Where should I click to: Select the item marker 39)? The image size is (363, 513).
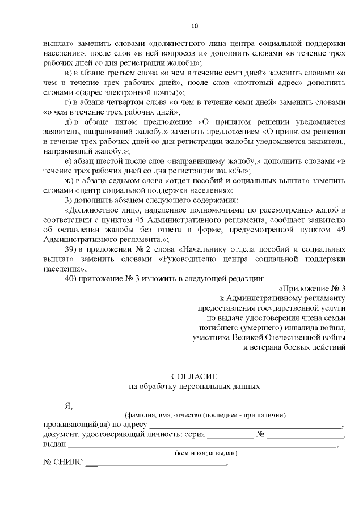pyautogui.click(x=70, y=249)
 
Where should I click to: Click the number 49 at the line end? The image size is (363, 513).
pyautogui.click(x=340, y=230)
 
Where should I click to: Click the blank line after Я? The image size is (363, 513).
pyautogui.click(x=210, y=406)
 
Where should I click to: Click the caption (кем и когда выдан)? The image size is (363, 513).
pyautogui.click(x=205, y=453)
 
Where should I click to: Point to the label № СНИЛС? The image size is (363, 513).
pyautogui.click(x=62, y=464)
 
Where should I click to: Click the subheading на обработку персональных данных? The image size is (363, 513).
pyautogui.click(x=195, y=387)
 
